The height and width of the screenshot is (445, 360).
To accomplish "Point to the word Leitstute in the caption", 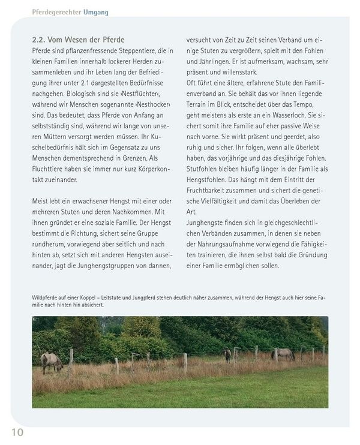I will point(142,297).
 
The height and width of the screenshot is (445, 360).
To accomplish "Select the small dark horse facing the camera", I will point(227,355).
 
